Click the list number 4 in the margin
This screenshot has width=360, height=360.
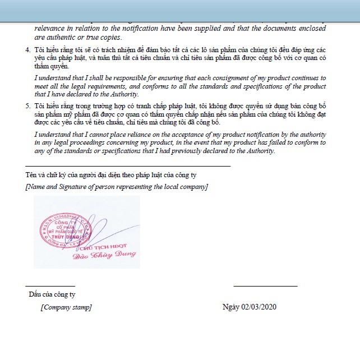point(28,50)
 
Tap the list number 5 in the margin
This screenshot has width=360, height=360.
point(28,105)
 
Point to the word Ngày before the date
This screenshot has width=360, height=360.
point(230,307)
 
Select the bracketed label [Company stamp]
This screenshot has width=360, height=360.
point(66,307)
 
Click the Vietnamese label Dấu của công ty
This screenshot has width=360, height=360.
point(52,294)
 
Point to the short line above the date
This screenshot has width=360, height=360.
point(265,286)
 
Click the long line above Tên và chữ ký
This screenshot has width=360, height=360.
point(128,166)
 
